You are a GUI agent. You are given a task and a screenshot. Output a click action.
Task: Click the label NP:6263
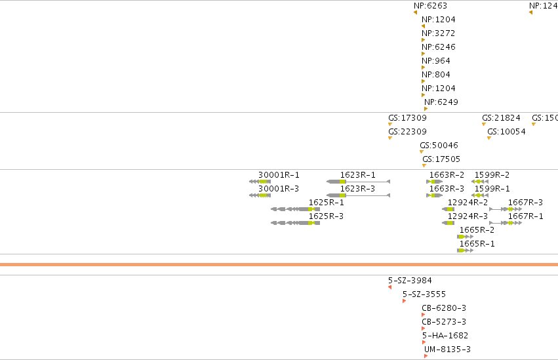point(430,6)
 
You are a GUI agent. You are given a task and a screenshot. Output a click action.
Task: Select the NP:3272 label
point(439,33)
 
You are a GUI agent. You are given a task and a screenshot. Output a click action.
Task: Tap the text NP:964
point(436,61)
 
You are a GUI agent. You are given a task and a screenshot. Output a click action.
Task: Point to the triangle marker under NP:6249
point(426,109)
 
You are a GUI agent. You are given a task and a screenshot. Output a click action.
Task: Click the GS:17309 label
point(407,118)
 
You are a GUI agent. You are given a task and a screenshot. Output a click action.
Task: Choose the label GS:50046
point(439,146)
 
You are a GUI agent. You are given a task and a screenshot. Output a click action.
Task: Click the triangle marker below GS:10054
point(489,138)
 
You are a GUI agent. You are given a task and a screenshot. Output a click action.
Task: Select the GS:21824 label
point(501,118)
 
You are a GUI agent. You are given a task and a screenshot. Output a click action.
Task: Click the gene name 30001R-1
point(279,175)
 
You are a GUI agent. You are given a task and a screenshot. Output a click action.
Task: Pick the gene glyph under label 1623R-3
point(359,195)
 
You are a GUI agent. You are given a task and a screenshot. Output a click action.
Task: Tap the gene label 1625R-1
point(326,203)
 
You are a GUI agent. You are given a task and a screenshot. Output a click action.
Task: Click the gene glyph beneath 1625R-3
point(295,223)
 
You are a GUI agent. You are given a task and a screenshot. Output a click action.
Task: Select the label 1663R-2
point(447,175)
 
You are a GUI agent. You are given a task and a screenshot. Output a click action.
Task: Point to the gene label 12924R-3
point(468,216)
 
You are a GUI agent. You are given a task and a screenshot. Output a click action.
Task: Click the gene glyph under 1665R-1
point(465,250)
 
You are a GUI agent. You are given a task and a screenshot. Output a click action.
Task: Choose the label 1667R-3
point(525,203)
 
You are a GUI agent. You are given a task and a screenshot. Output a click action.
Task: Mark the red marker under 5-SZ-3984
point(389,287)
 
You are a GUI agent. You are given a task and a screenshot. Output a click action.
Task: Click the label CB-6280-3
point(444,308)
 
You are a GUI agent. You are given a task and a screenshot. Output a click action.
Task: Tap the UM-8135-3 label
point(447,350)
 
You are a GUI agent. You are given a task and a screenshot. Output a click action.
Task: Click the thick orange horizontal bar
point(279,265)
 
